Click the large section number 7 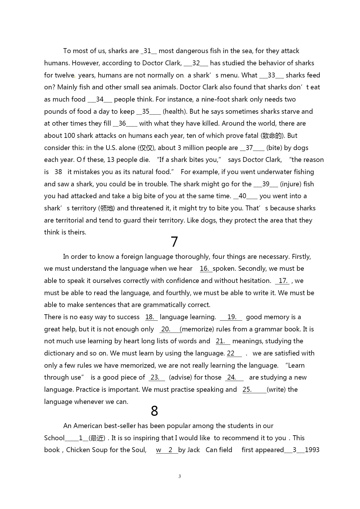pyautogui.click(x=174, y=242)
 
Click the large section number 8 pyautogui.click(x=154, y=411)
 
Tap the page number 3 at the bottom pyautogui.click(x=180, y=476)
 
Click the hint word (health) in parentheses pyautogui.click(x=174, y=111)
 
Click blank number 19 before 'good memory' pyautogui.click(x=231, y=317)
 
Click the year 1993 pyautogui.click(x=312, y=450)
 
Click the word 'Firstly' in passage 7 pyautogui.click(x=301, y=257)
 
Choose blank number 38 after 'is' pyautogui.click(x=58, y=172)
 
